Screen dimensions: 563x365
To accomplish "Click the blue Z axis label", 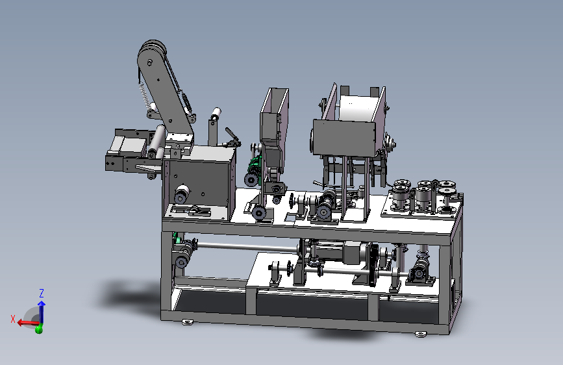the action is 42,293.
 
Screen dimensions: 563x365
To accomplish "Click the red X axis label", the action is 13,319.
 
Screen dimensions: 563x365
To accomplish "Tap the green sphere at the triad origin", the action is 39,329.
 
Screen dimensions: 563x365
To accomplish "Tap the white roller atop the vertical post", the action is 216,114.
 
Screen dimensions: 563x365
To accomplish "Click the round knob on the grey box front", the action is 182,194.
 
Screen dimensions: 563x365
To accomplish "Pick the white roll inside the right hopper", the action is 358,108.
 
